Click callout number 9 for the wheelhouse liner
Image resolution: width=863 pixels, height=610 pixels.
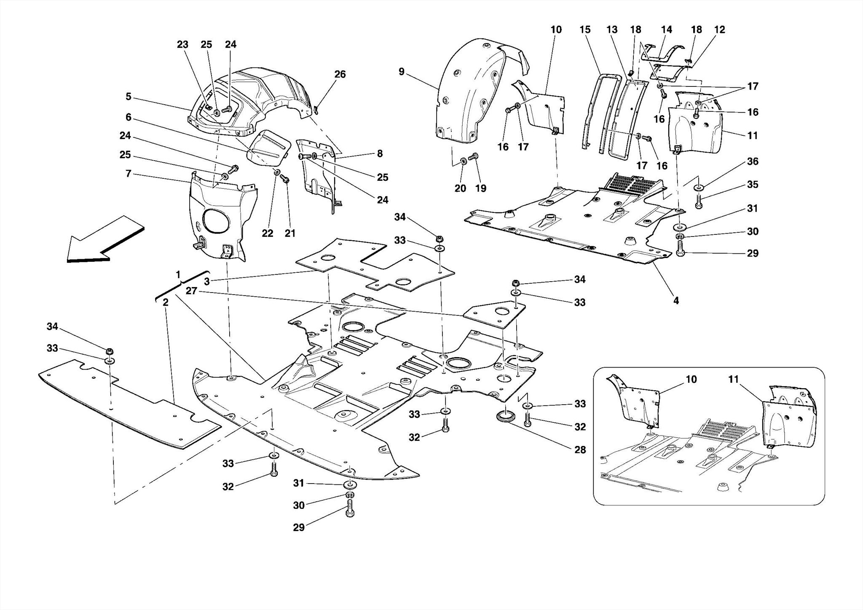(x=401, y=72)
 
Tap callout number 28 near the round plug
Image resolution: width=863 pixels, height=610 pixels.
(x=580, y=450)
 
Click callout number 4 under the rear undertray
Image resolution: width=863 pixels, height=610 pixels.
(x=676, y=301)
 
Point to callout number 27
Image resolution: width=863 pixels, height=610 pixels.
(x=191, y=291)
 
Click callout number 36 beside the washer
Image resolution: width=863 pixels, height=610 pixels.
(x=753, y=161)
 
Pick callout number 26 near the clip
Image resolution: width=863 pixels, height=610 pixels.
(x=340, y=74)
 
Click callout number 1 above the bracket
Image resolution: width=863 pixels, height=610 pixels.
(x=178, y=275)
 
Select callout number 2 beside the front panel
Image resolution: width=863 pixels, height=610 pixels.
(x=166, y=302)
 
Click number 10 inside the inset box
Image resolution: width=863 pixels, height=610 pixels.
(x=691, y=379)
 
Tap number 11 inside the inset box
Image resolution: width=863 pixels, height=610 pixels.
(x=734, y=379)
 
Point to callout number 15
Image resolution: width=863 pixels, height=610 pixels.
(x=585, y=30)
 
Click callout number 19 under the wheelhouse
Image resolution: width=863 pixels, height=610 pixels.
(x=480, y=188)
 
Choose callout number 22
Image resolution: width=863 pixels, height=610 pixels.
(x=268, y=233)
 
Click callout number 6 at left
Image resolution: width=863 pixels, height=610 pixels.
(x=129, y=117)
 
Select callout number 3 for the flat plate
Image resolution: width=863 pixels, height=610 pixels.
(x=207, y=281)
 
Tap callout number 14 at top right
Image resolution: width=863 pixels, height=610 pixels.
(x=666, y=30)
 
